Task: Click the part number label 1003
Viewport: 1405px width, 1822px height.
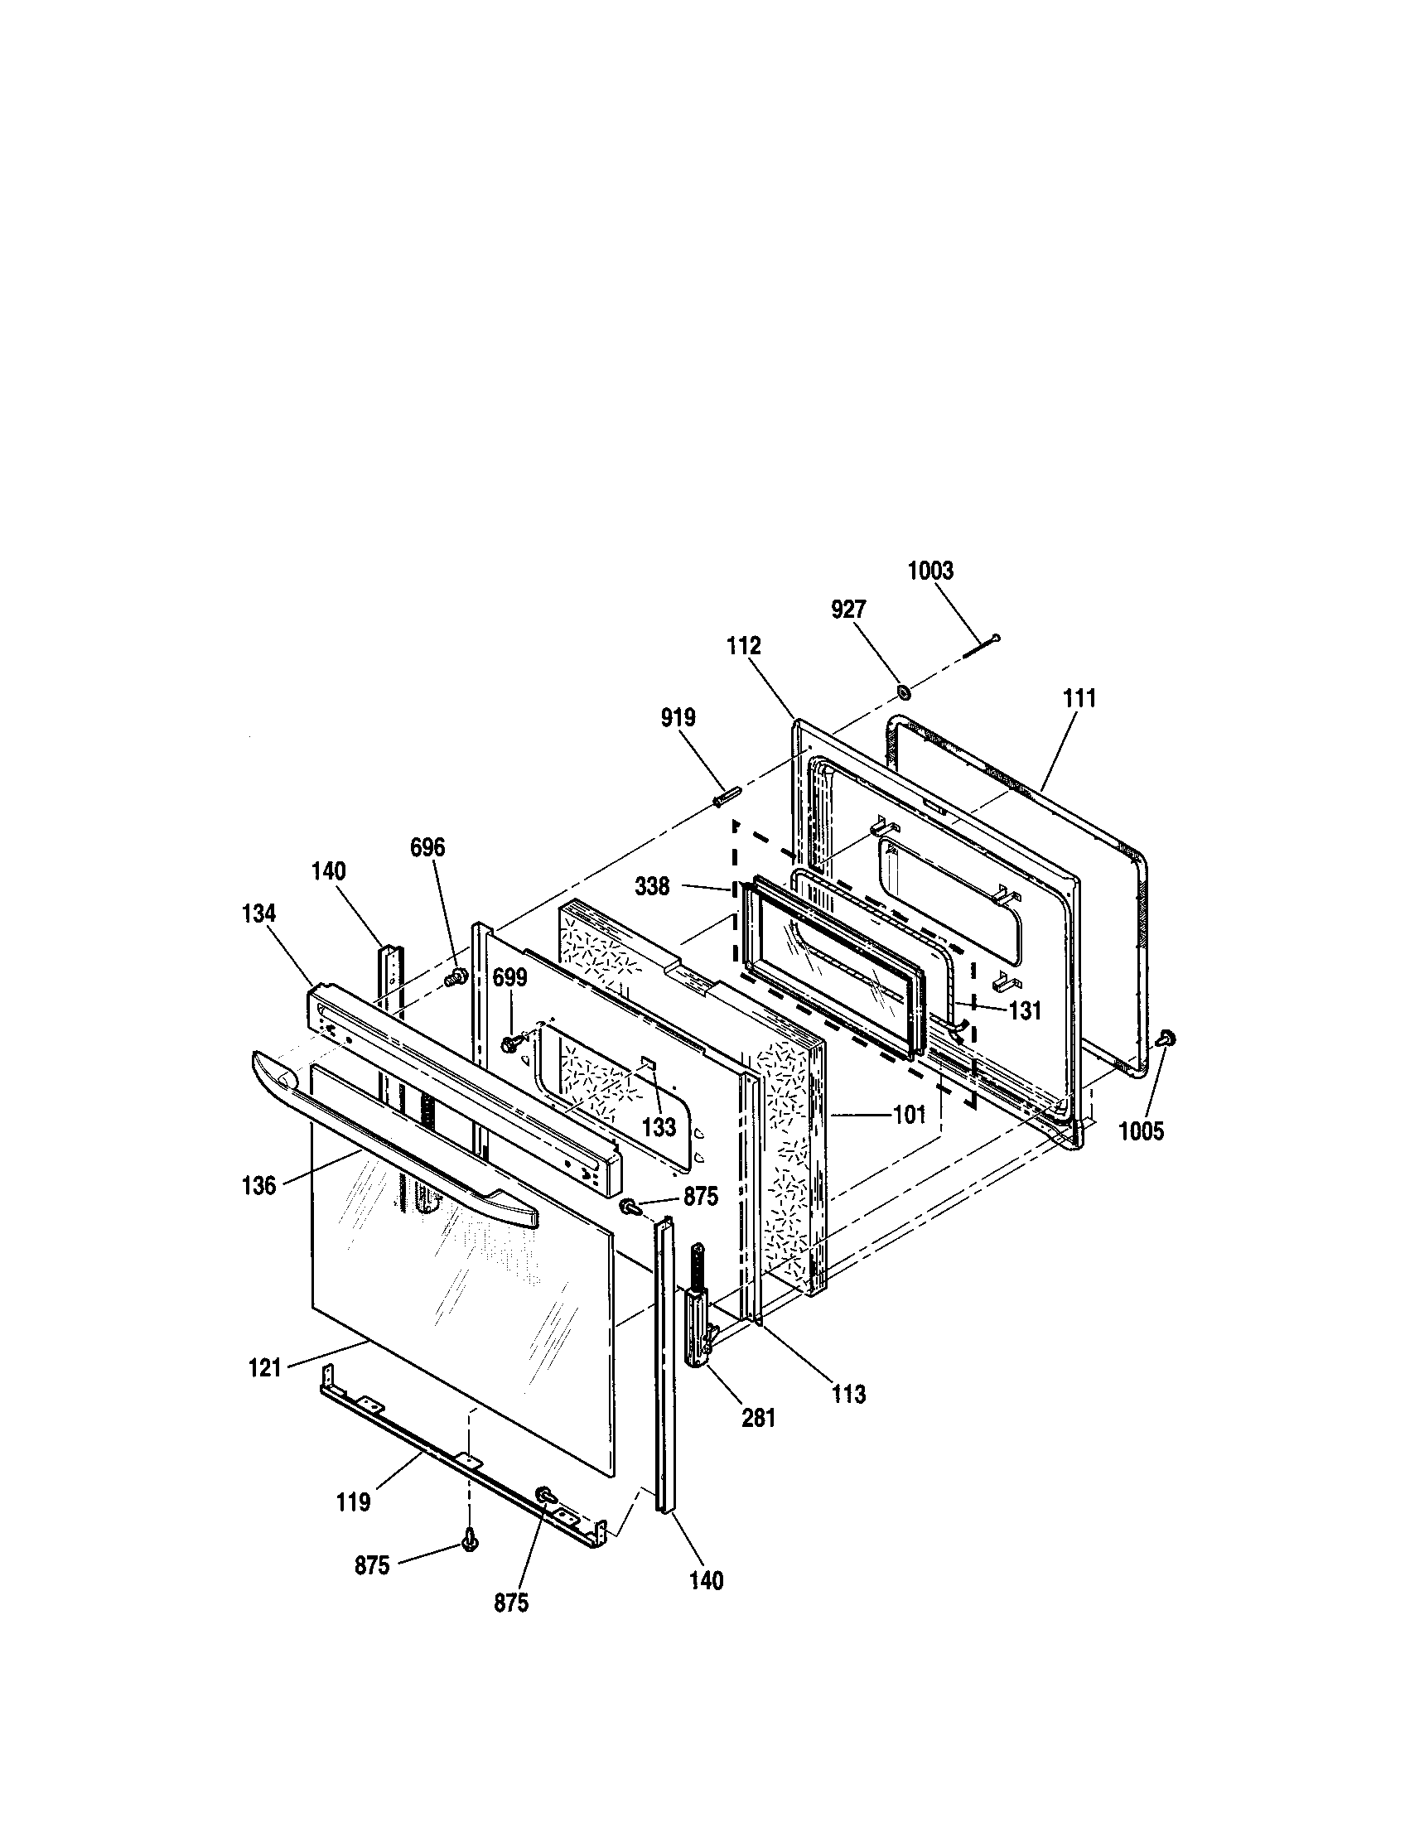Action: click(x=929, y=571)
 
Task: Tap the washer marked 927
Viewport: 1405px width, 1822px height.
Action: click(x=904, y=692)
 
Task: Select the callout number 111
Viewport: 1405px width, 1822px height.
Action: click(x=1079, y=699)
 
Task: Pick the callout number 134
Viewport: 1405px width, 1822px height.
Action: click(x=258, y=913)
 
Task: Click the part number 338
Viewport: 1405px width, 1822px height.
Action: click(x=652, y=887)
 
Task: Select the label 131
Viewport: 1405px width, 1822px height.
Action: click(x=1026, y=1011)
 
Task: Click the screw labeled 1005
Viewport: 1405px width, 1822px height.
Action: click(x=1166, y=1038)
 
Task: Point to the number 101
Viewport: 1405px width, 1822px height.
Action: click(x=910, y=1114)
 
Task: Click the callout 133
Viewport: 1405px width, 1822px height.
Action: click(x=659, y=1128)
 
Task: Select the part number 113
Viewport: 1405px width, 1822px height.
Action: click(x=848, y=1393)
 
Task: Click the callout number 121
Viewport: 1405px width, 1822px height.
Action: click(x=264, y=1368)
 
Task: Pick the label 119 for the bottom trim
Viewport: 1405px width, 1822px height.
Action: click(x=354, y=1502)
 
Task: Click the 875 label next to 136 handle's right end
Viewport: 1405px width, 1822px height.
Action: click(x=701, y=1198)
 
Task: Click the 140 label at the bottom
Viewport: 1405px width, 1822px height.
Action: click(x=707, y=1580)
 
